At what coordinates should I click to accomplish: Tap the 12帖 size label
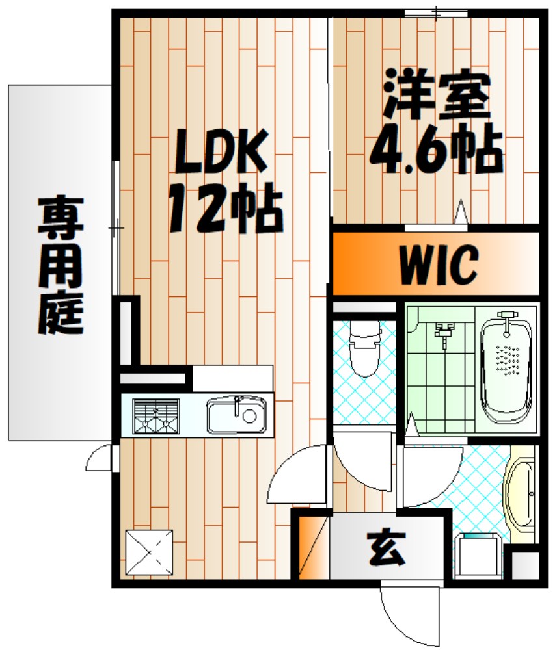click(225, 209)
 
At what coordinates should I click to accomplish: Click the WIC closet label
click(437, 263)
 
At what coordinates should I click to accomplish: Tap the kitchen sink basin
click(236, 415)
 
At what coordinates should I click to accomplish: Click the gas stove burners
click(156, 415)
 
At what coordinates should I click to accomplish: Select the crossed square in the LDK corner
click(149, 552)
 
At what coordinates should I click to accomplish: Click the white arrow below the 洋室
click(461, 213)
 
